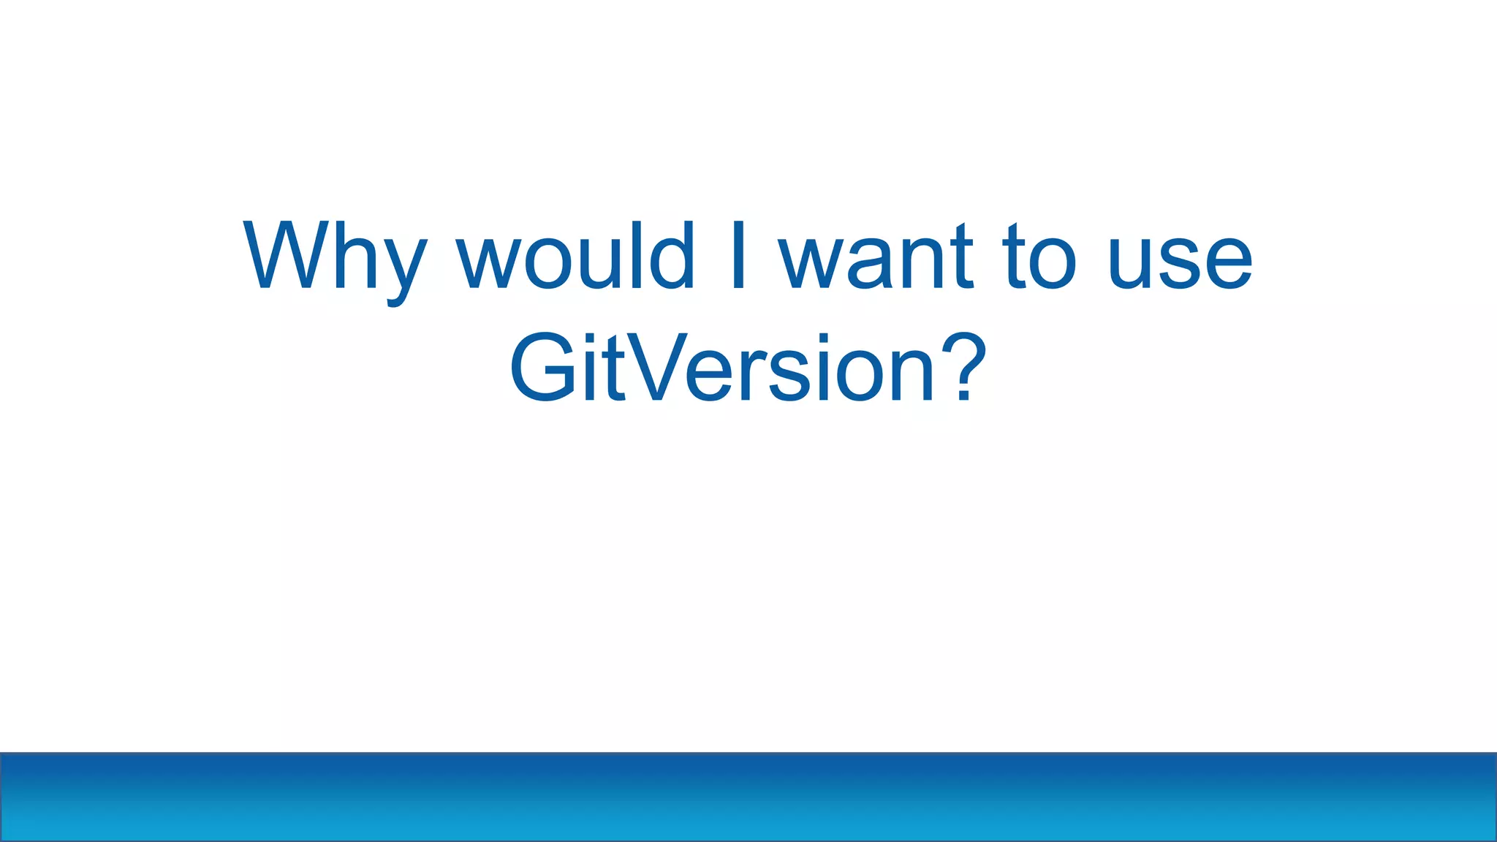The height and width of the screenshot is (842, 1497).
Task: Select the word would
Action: [575, 256]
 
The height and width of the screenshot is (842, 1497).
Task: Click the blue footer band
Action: [748, 797]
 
